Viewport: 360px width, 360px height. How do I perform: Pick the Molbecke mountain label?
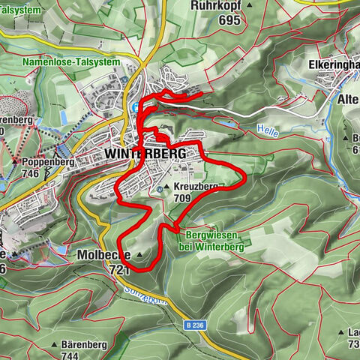click(x=104, y=255)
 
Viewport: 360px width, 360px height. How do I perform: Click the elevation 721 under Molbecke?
click(x=119, y=268)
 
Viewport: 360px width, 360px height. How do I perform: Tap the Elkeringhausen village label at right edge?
click(x=333, y=64)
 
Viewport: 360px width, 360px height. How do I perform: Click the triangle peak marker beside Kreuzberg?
click(x=167, y=187)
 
